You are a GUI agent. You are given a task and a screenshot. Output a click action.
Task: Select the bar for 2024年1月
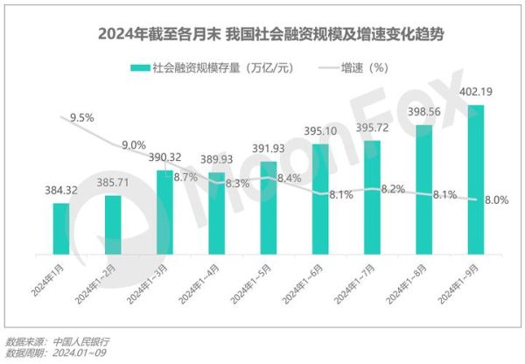pos(60,230)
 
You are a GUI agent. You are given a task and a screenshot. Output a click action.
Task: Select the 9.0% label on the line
pos(134,144)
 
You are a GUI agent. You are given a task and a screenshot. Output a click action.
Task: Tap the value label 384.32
pos(59,189)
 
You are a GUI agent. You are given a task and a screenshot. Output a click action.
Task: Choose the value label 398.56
pos(425,111)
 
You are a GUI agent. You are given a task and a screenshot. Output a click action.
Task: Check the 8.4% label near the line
pos(289,178)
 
